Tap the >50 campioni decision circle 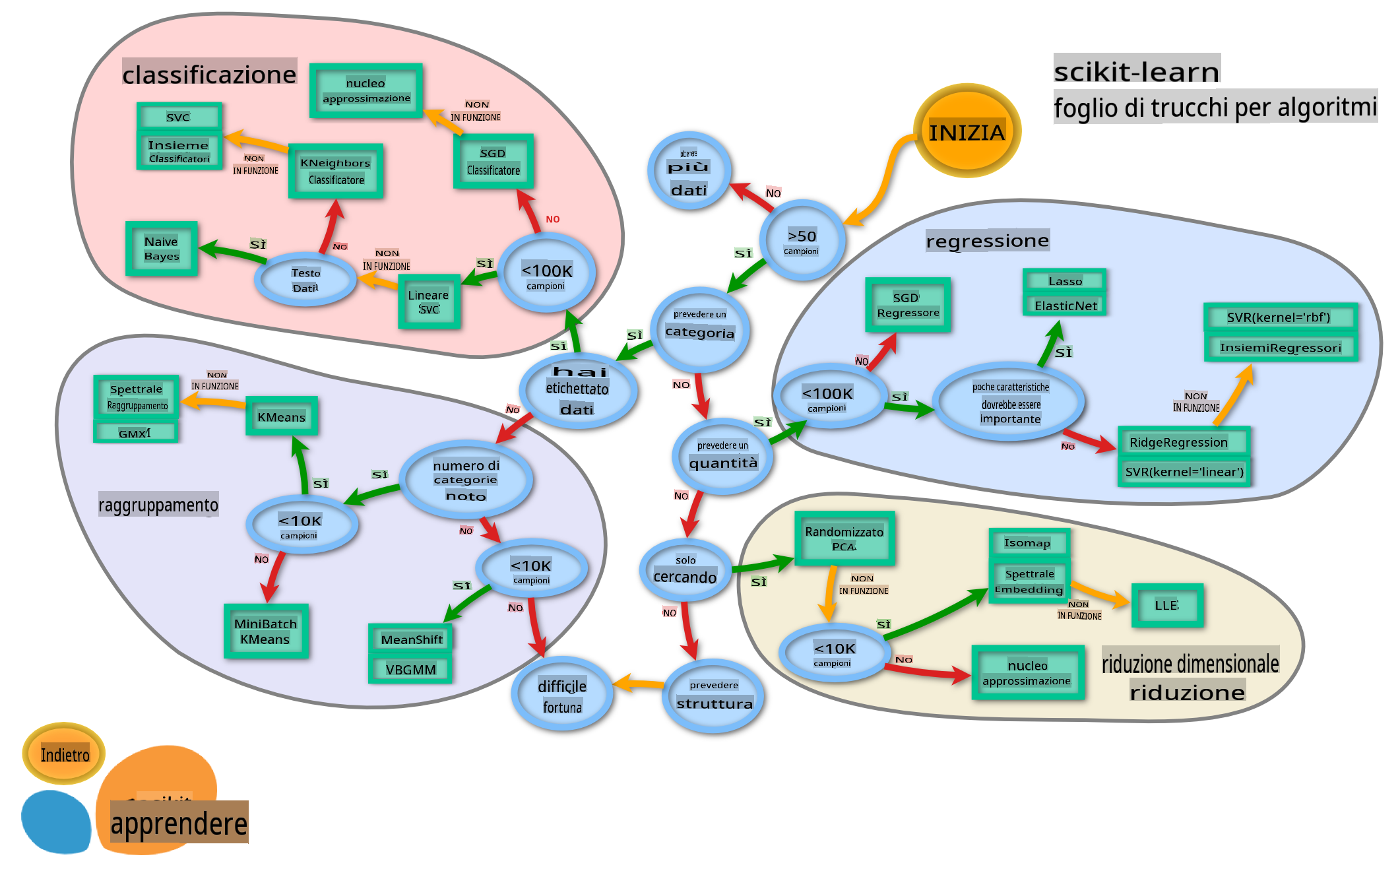point(802,241)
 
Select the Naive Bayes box point(162,249)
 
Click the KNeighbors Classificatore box point(336,171)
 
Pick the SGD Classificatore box point(493,162)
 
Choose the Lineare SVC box point(429,302)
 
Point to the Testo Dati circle point(305,280)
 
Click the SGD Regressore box point(908,305)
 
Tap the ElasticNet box point(1065,306)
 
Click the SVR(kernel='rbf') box point(1279,317)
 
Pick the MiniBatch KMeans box point(266,631)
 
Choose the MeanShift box point(411,639)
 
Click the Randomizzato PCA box point(844,538)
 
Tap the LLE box point(1166,605)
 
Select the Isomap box point(1028,543)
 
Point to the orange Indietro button point(64,754)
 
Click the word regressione point(987,241)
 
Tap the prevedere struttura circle point(713,695)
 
